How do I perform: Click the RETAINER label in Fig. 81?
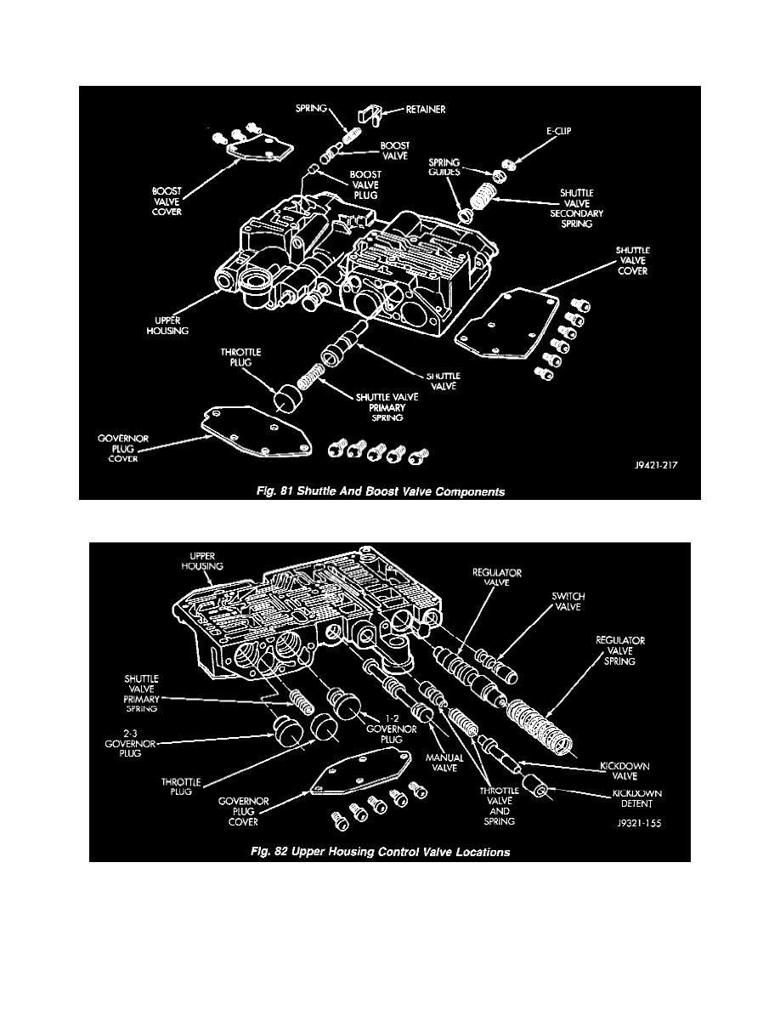425,110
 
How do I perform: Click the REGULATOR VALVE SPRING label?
620,651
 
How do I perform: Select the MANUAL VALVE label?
445,763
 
